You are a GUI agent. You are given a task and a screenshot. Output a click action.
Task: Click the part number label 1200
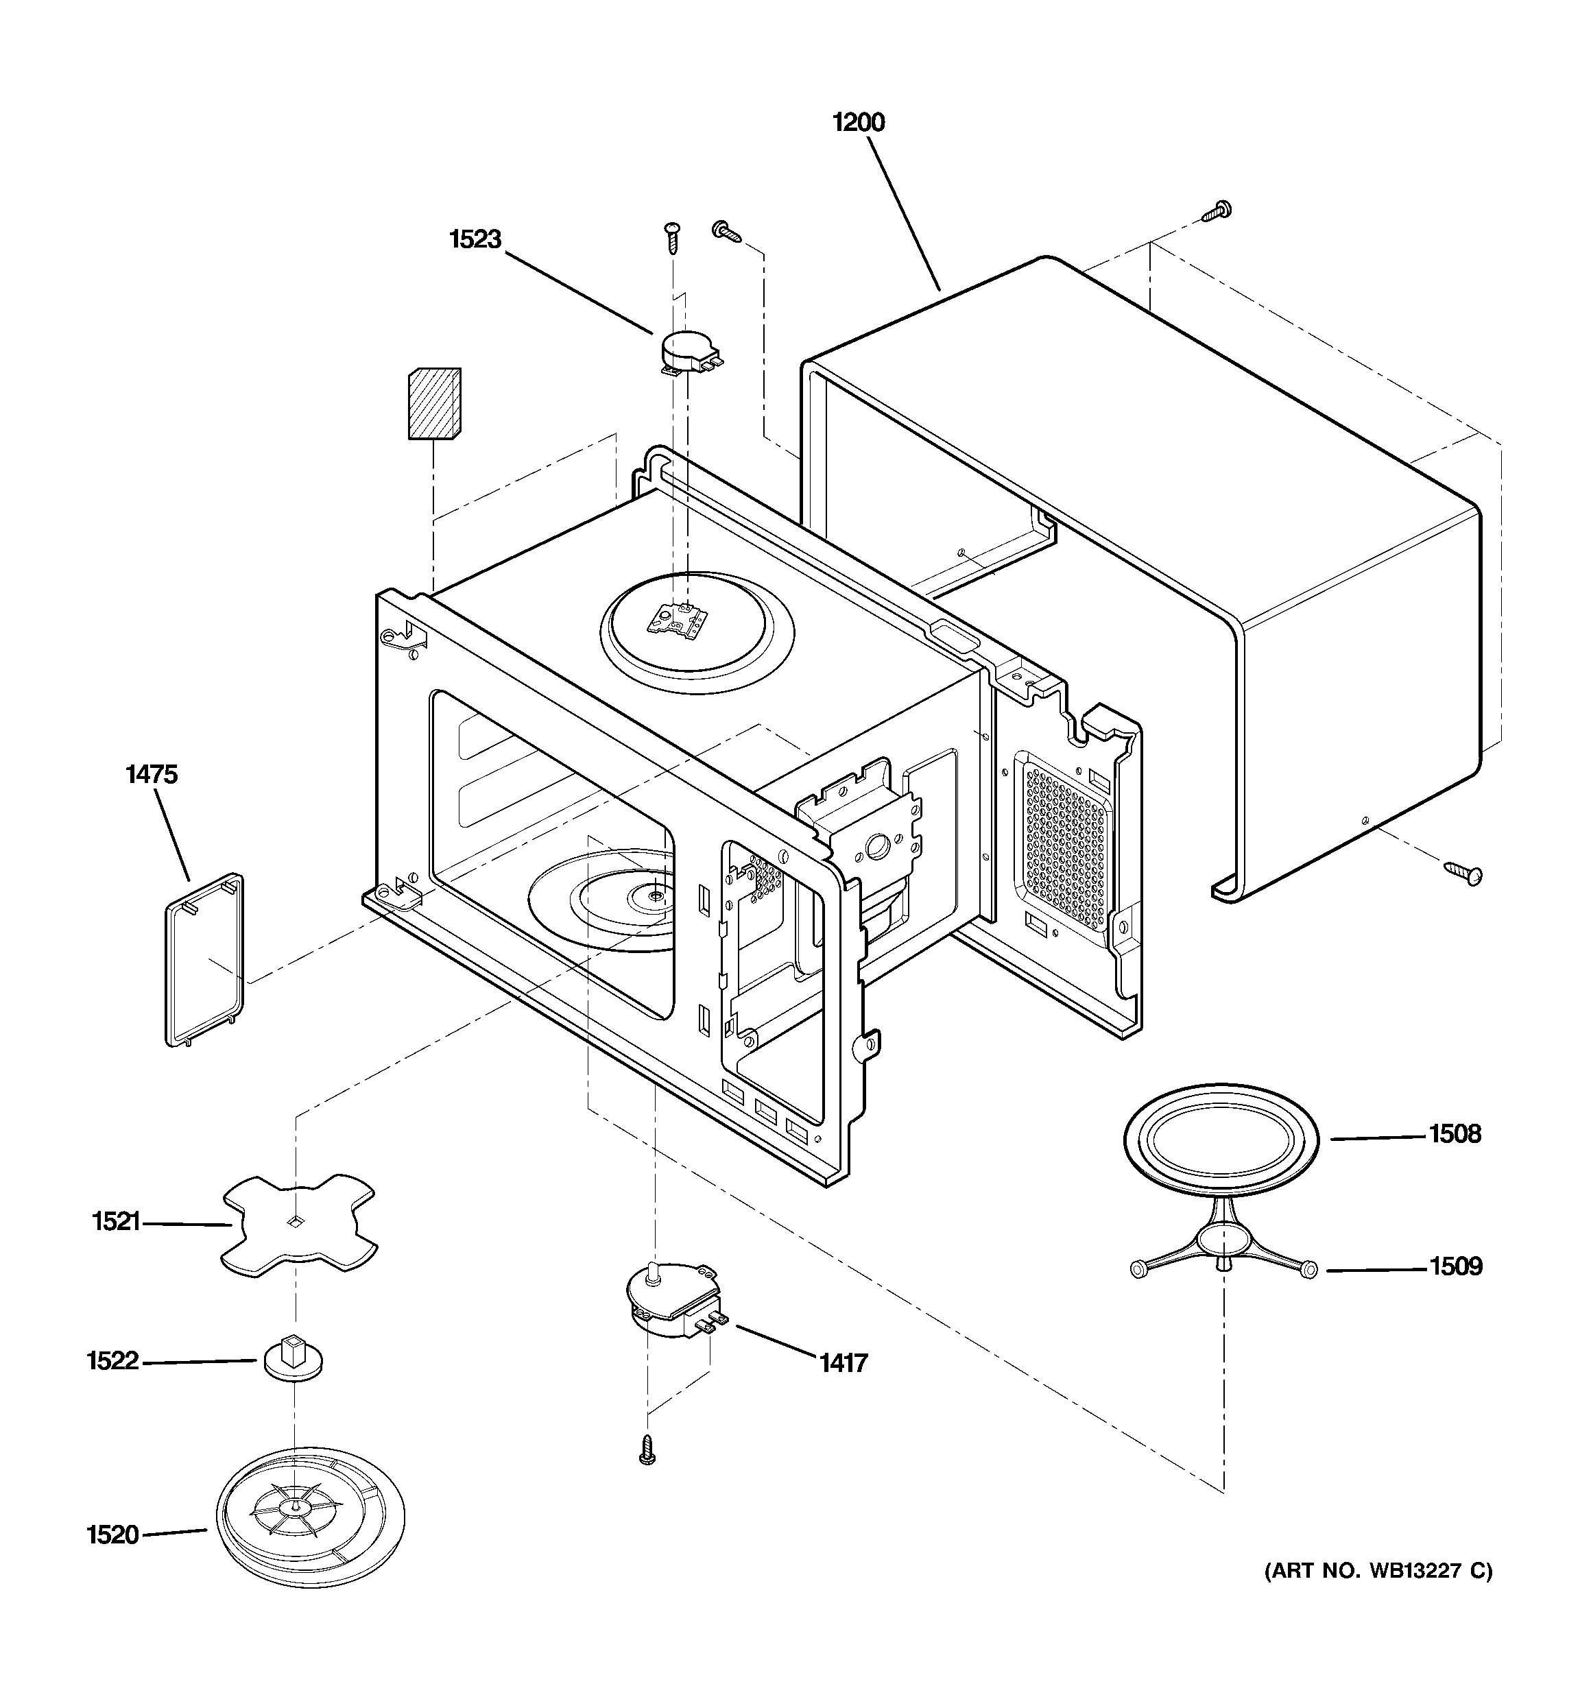(x=859, y=123)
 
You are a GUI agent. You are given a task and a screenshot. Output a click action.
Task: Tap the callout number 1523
(x=475, y=240)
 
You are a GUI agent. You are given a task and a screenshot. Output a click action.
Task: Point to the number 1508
(x=1455, y=1135)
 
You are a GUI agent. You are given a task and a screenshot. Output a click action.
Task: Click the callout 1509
(x=1455, y=1267)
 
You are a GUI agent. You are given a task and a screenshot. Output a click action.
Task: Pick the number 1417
(x=843, y=1363)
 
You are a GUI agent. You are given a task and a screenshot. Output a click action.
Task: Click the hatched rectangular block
(x=434, y=404)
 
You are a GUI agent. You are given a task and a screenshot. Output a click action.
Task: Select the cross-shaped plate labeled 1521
(x=298, y=1226)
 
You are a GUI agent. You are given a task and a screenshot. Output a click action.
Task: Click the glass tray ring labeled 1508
(x=1221, y=1140)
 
